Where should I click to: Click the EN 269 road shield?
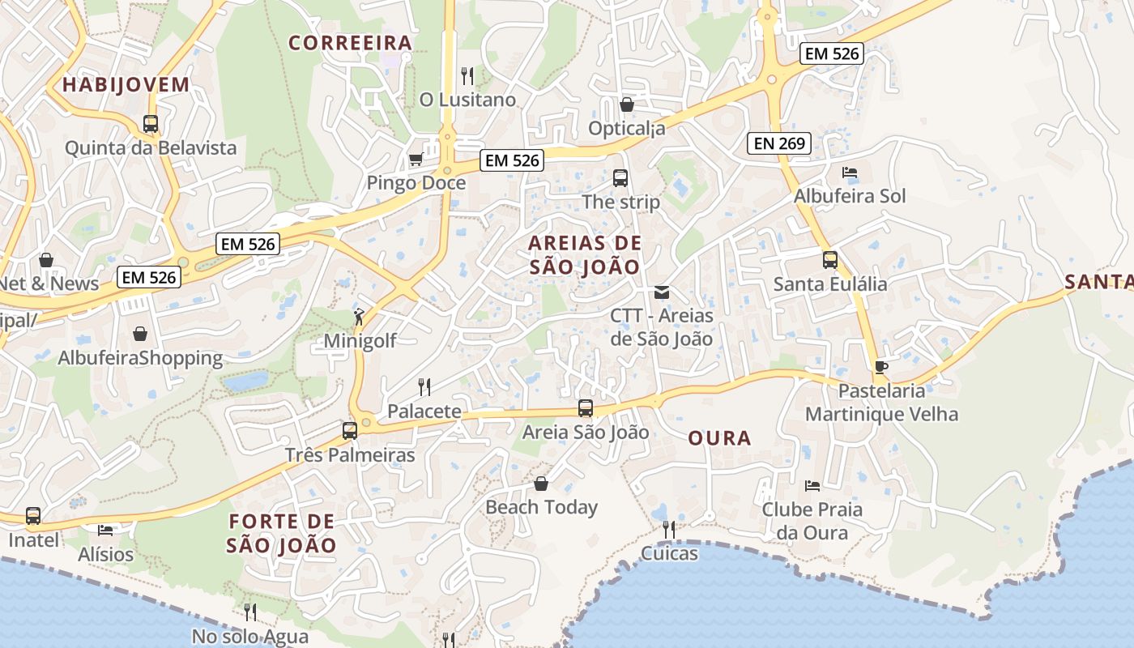coord(778,144)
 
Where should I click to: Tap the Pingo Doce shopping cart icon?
coord(416,159)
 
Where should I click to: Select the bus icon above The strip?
coord(620,178)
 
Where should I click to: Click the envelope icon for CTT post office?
coord(662,292)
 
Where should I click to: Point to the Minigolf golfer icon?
coord(359,317)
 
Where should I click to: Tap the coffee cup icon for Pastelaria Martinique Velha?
coord(881,367)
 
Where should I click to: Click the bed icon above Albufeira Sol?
coord(850,173)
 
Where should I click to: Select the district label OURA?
coord(719,439)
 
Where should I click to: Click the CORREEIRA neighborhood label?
coord(350,43)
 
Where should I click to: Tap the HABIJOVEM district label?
coord(126,84)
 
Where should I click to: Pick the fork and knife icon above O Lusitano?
coord(467,76)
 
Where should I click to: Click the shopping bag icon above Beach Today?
coord(541,484)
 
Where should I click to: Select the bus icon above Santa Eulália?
coord(830,260)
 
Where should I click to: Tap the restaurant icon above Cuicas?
coord(669,530)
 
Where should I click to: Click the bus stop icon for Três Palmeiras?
coord(350,431)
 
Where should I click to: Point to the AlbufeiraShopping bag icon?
coord(140,334)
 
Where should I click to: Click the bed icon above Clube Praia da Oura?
coord(812,486)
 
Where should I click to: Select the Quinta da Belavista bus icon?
coord(151,124)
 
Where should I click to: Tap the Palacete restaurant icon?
coord(424,386)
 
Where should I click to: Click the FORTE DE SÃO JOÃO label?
coord(281,533)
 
